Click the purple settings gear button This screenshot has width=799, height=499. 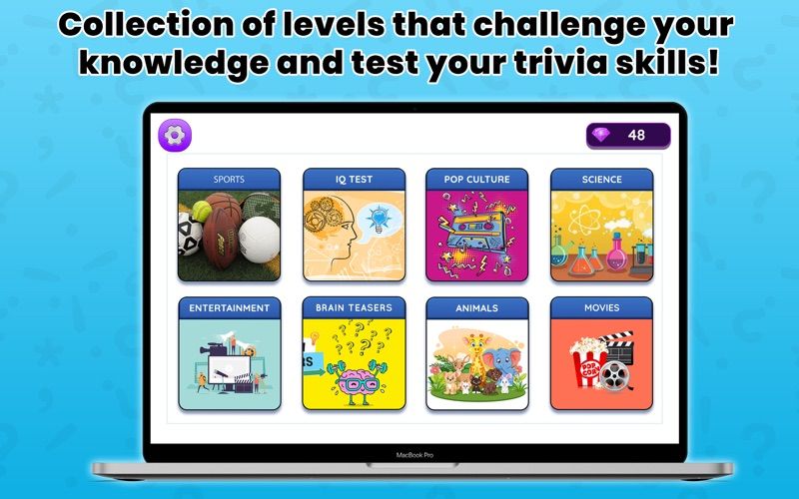click(x=175, y=135)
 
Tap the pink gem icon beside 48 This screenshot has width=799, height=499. click(x=601, y=135)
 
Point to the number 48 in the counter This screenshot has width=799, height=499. click(x=636, y=135)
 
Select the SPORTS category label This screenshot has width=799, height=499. click(x=229, y=180)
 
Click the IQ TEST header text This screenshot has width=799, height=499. click(x=354, y=180)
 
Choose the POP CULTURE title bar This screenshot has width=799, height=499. click(x=477, y=180)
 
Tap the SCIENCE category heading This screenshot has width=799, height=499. click(x=602, y=180)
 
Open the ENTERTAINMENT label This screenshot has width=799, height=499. click(x=230, y=308)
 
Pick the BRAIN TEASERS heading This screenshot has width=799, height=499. click(x=354, y=307)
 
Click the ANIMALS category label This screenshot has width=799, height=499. click(x=477, y=308)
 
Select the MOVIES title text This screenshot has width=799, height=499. click(x=602, y=307)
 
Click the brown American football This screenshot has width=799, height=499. click(x=222, y=237)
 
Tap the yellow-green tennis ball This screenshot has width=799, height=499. click(x=202, y=211)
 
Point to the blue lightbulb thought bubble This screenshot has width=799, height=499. click(x=380, y=220)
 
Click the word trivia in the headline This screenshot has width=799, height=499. click(x=560, y=62)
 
